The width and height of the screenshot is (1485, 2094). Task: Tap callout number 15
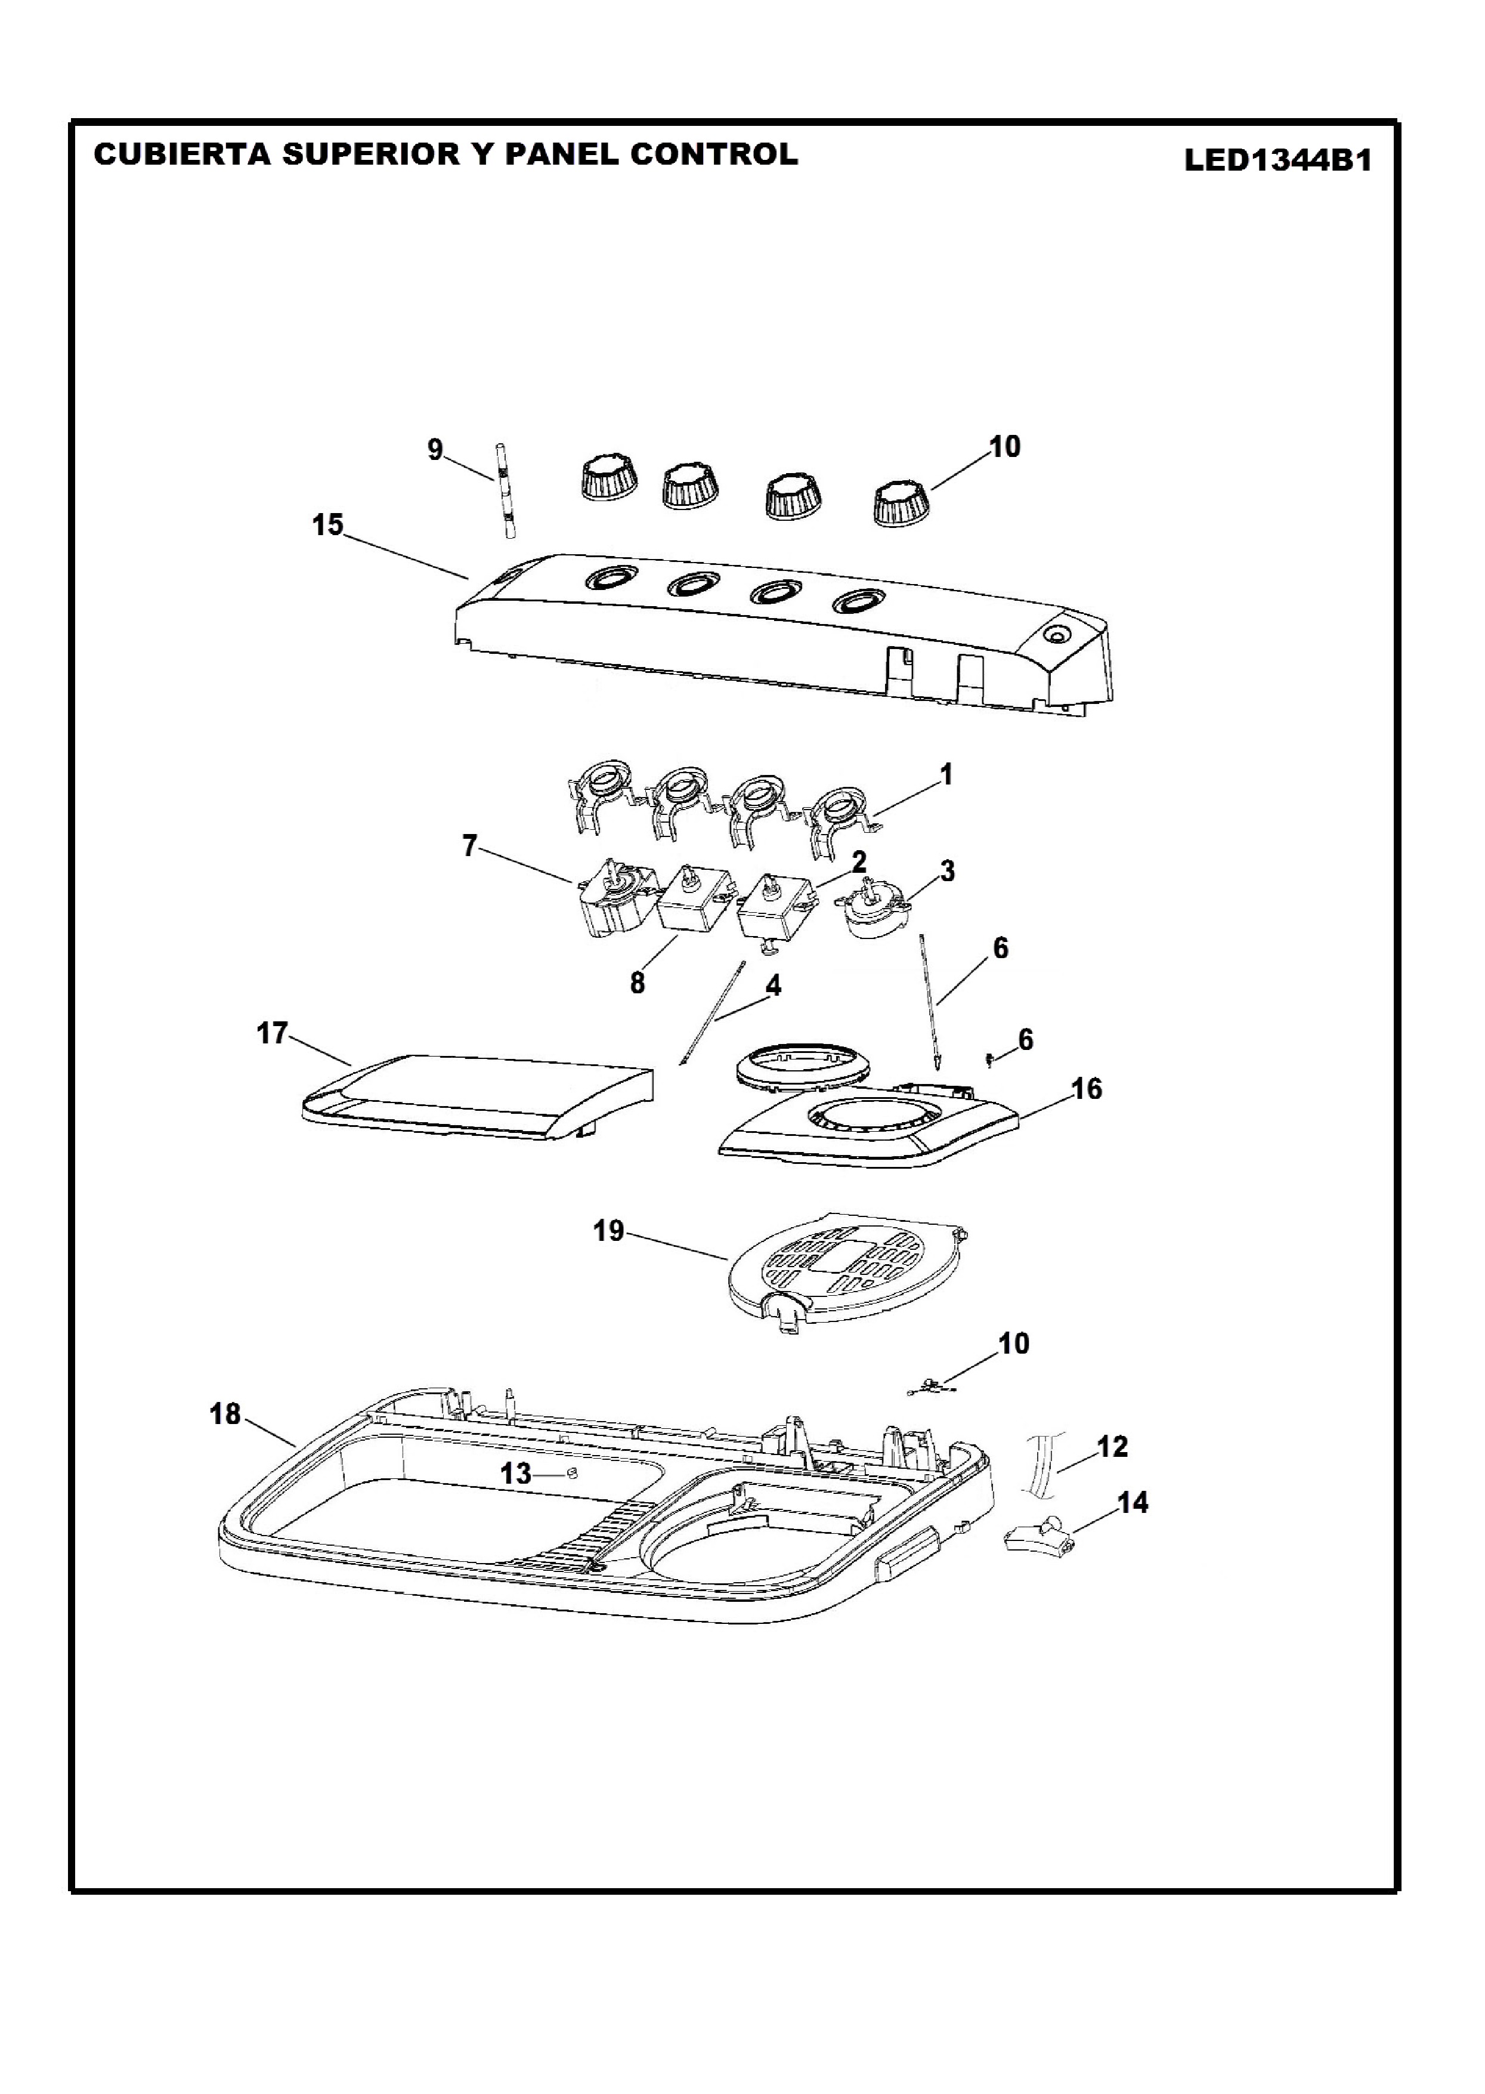pos(327,524)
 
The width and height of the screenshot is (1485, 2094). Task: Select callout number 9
pos(435,449)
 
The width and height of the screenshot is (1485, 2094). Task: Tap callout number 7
pos(469,846)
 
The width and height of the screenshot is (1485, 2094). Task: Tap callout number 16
pos(1087,1089)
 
